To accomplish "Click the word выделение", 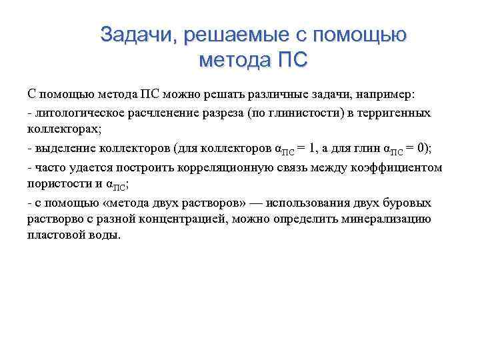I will pos(64,148).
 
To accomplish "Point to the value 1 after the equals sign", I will pos(321,148).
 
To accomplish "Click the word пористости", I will pos(55,182).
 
